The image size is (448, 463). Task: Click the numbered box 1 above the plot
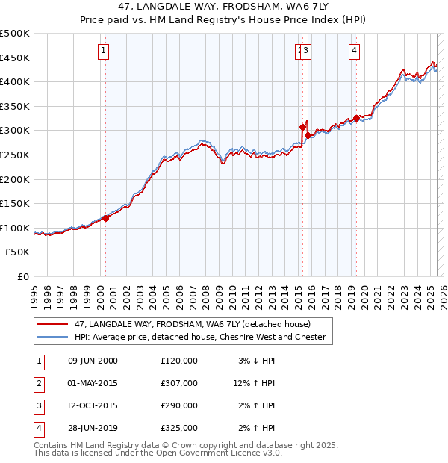click(x=102, y=51)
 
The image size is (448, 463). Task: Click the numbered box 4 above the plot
click(x=354, y=51)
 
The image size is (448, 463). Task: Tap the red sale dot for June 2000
click(x=105, y=218)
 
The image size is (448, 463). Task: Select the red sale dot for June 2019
click(x=357, y=117)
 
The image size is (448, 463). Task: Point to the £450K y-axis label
click(x=16, y=58)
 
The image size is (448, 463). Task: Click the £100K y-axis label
click(x=16, y=228)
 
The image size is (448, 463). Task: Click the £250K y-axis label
click(x=16, y=155)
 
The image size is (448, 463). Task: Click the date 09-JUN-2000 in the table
click(x=93, y=361)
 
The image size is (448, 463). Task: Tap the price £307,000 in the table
click(x=179, y=383)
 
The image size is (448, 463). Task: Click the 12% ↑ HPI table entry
click(x=254, y=383)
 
